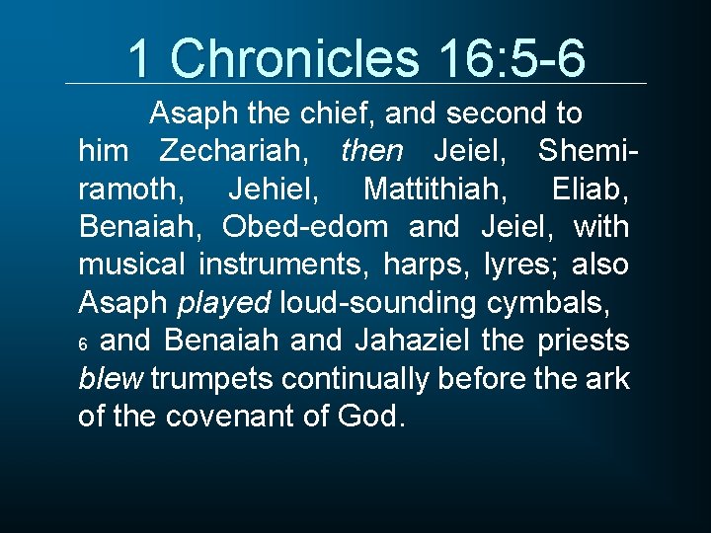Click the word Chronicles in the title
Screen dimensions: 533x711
pos(299,58)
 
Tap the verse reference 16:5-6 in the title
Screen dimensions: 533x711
pos(512,58)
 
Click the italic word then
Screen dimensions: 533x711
pos(371,152)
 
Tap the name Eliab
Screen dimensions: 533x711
pos(590,190)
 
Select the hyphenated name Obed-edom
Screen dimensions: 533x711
pos(305,227)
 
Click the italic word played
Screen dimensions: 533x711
pos(224,303)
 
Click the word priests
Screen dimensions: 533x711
pos(583,341)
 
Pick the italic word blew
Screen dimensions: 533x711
pos(106,378)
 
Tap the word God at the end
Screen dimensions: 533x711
pos(371,417)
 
